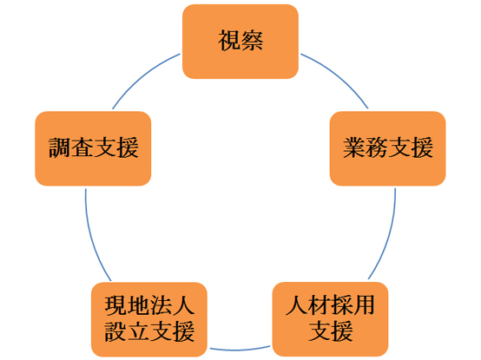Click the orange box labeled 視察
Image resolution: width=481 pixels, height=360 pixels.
click(x=240, y=42)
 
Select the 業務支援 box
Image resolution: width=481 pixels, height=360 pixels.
click(x=387, y=148)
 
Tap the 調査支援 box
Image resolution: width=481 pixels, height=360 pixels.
click(x=93, y=148)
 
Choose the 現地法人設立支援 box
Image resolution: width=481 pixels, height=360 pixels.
click(x=149, y=319)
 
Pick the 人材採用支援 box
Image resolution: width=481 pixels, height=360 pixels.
click(x=330, y=319)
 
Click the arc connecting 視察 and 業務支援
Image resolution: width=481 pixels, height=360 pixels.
click(x=339, y=75)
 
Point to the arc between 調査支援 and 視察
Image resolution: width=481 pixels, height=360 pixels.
click(x=142, y=75)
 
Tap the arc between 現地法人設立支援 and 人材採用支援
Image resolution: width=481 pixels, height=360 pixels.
click(x=240, y=350)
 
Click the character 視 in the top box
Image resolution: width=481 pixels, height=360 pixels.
click(x=229, y=41)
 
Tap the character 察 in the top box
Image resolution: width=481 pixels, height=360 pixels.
click(x=252, y=41)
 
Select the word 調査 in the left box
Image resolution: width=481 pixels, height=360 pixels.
click(x=71, y=147)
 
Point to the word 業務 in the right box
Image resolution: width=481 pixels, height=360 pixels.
click(x=366, y=147)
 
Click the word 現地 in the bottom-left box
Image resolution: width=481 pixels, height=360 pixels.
click(x=127, y=305)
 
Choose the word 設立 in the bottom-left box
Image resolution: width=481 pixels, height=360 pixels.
click(x=127, y=331)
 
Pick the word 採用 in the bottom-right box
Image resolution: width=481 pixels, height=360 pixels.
click(x=353, y=305)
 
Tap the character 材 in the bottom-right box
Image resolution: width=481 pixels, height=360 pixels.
click(x=319, y=305)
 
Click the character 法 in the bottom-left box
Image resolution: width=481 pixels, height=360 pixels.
click(x=161, y=305)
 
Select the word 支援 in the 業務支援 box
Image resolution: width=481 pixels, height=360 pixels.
click(x=411, y=147)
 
